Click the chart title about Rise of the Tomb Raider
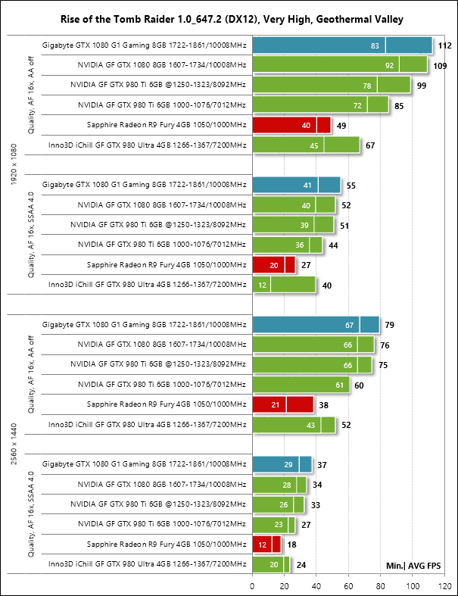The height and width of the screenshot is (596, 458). [x=229, y=18]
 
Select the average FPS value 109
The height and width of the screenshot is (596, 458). [x=439, y=67]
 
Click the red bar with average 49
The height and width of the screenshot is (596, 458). [x=291, y=125]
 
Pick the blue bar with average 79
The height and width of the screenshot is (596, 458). [x=316, y=325]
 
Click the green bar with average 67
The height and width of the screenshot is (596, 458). [x=306, y=145]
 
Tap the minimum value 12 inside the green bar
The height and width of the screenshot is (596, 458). [x=262, y=285]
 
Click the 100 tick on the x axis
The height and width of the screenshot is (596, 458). [x=413, y=585]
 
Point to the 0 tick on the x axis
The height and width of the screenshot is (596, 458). [x=252, y=585]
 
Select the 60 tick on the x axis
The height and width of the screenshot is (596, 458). [x=348, y=585]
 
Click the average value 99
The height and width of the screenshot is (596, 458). [x=422, y=86]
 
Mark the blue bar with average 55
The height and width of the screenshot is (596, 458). [x=297, y=185]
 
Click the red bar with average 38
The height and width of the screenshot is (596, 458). [x=283, y=405]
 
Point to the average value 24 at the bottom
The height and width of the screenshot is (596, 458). [x=301, y=564]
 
